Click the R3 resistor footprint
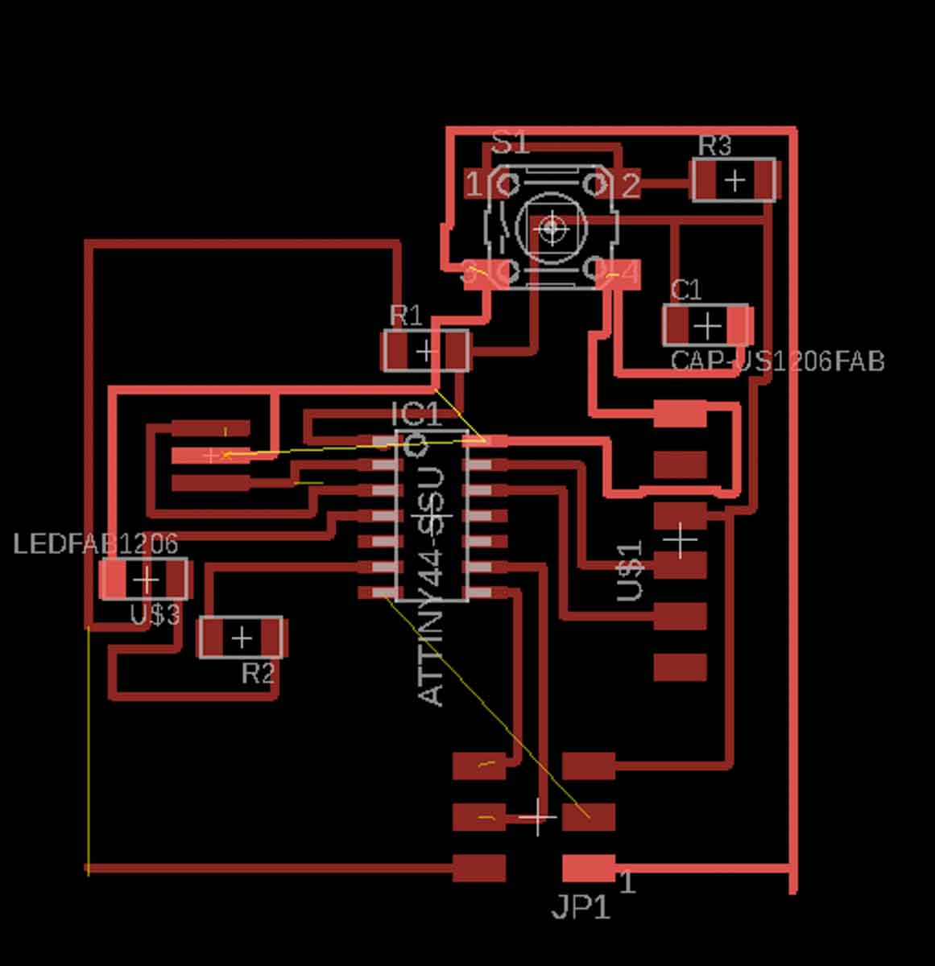(734, 180)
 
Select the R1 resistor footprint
(425, 351)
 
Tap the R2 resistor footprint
(241, 638)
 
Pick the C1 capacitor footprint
(706, 326)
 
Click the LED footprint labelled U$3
(144, 579)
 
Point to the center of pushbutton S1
(552, 228)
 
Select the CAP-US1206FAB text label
(777, 361)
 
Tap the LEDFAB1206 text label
(95, 544)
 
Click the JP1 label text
(581, 909)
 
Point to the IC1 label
(416, 415)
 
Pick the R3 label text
(714, 146)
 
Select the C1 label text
(685, 289)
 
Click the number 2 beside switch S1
(631, 187)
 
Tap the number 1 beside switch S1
(474, 186)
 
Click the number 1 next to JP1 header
(627, 883)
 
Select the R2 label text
(258, 673)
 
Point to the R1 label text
(405, 315)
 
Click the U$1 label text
(631, 572)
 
